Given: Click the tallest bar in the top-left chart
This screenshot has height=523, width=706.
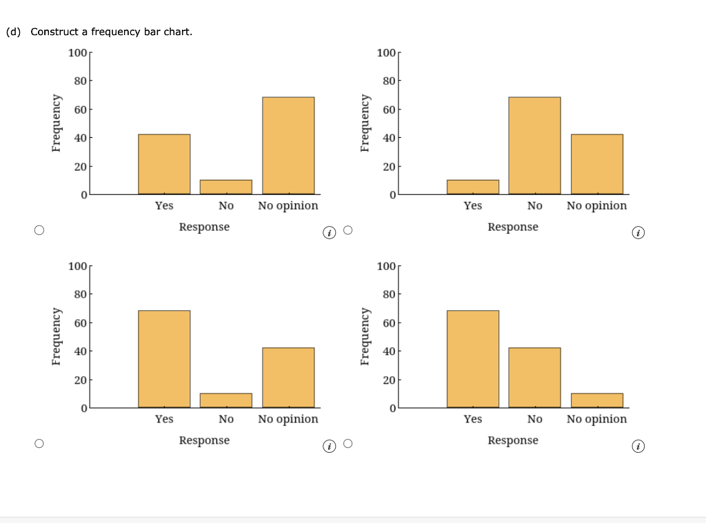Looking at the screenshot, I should click(288, 145).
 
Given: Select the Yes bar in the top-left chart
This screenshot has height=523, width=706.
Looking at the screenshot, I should click(164, 164).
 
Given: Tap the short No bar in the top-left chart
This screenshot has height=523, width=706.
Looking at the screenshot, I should click(225, 187).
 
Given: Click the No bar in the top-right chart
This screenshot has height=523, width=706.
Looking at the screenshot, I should click(534, 145).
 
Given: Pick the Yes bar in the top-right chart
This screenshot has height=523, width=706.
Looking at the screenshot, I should click(472, 187).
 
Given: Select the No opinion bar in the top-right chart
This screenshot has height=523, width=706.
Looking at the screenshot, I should click(596, 164).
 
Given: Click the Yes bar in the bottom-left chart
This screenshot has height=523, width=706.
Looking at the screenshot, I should click(164, 359).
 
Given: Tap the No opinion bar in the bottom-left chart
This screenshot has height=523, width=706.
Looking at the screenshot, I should click(288, 378).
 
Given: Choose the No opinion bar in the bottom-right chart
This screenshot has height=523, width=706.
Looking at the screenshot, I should click(596, 400).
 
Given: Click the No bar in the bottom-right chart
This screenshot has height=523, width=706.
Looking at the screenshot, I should click(534, 378).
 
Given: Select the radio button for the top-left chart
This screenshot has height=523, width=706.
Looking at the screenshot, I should click(40, 230).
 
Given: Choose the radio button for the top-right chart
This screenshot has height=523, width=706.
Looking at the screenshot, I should click(347, 230).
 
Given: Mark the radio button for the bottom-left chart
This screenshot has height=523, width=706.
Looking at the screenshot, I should click(40, 444).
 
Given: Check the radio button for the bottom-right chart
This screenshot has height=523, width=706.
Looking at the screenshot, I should click(347, 444).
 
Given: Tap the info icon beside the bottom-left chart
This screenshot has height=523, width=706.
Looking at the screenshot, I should click(330, 448).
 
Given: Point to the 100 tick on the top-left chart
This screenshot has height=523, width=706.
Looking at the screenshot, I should click(77, 53).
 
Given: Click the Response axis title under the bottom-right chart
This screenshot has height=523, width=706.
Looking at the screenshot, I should click(513, 440).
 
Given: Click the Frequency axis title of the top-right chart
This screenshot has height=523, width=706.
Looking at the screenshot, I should click(365, 123).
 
